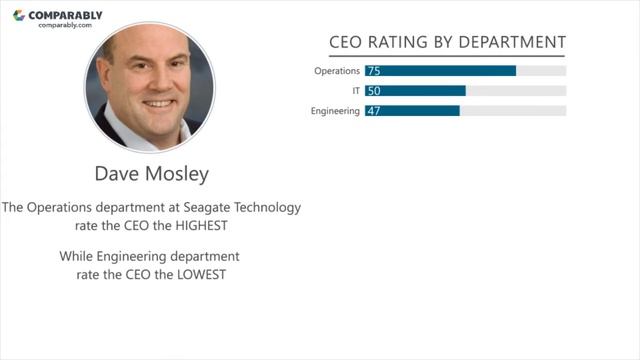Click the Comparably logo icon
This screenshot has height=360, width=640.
(19, 16)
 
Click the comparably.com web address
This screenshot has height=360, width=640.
(65, 25)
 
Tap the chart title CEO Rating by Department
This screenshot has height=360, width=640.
(447, 42)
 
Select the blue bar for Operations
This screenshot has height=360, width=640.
(440, 71)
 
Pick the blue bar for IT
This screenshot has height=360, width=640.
(415, 91)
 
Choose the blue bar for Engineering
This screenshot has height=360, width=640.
(412, 111)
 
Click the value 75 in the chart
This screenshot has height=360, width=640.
(374, 71)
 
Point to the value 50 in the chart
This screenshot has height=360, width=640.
(374, 91)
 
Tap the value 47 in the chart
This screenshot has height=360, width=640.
(374, 111)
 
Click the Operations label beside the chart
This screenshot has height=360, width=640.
(337, 71)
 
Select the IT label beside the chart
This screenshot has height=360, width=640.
(356, 91)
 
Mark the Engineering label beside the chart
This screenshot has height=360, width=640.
(335, 111)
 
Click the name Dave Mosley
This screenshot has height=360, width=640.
(152, 174)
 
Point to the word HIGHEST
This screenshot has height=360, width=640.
(201, 226)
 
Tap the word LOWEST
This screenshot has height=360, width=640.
(201, 275)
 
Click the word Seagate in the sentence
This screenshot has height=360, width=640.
(207, 208)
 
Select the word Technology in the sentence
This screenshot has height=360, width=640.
(267, 207)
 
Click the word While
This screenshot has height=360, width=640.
(76, 256)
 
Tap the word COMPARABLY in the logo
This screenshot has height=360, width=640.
(65, 16)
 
